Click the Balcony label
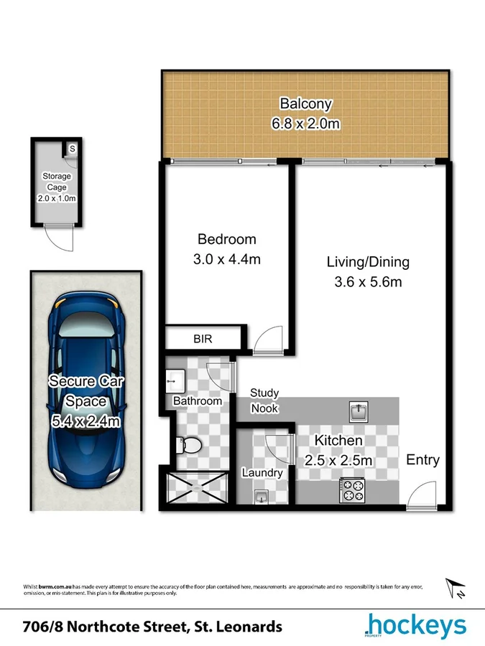tap(305, 103)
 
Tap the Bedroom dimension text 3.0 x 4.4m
tap(227, 259)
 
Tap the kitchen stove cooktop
tap(352, 490)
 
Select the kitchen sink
tap(359, 412)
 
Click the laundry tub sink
tap(260, 496)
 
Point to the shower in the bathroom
tap(196, 488)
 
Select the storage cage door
tap(58, 237)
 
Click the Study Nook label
tap(264, 401)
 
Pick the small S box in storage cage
tap(72, 149)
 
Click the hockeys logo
tap(415, 627)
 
